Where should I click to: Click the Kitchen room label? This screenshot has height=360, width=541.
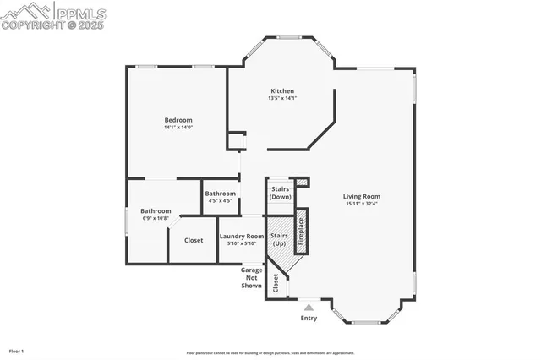281,91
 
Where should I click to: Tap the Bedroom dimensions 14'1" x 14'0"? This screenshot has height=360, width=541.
178,128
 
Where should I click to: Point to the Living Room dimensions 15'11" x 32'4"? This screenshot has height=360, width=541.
362,204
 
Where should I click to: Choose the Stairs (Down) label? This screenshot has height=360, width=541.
280,193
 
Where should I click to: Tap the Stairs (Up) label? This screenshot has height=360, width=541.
279,239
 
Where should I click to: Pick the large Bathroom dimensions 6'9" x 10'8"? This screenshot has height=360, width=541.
156,218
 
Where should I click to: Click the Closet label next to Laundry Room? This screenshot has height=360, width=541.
194,240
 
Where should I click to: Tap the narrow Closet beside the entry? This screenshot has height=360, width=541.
276,284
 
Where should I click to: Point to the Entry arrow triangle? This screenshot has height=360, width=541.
309,307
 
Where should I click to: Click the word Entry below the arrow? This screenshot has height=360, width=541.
309,319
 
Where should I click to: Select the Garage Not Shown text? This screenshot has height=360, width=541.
251,277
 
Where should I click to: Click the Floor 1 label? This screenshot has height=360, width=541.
16,350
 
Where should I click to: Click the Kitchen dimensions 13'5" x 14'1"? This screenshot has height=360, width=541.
281,99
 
